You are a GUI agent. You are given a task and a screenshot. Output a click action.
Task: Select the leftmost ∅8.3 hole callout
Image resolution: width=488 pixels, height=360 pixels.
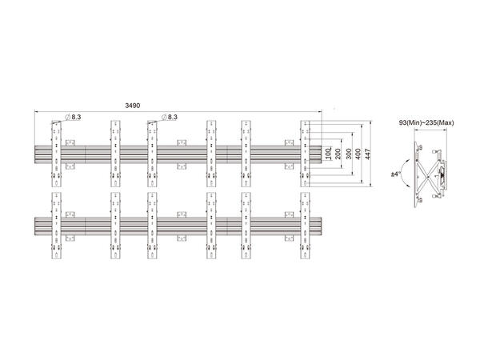point(74,118)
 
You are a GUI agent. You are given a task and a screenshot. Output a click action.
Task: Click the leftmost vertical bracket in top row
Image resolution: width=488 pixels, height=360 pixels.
point(54,151)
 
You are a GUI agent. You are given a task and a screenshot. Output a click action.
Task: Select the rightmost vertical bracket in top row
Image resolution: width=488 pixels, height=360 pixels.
point(305,151)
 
